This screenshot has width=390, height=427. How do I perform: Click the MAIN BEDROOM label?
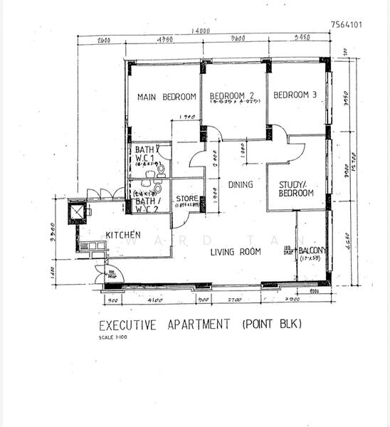[167, 97]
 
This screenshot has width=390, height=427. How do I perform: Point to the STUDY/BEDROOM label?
[295, 189]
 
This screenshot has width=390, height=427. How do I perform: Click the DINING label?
[241, 185]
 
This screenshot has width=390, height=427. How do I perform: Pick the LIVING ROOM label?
[236, 251]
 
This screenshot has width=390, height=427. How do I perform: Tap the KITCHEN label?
[123, 235]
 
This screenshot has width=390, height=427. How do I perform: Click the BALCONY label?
[312, 251]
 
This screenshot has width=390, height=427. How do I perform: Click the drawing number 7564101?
[347, 23]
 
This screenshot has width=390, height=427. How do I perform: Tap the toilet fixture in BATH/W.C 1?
[160, 169]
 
